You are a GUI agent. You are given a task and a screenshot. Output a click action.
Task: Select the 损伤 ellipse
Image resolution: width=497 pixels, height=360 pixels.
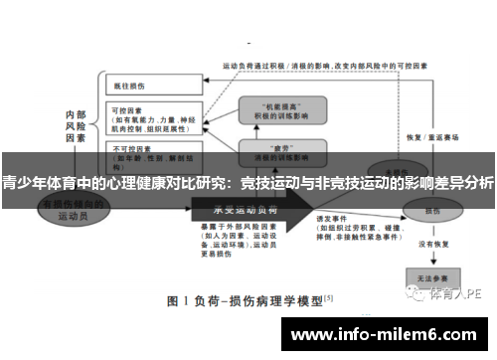point(432,211)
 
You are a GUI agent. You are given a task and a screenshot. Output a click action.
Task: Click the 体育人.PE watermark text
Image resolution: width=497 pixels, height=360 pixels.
point(456,294)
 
